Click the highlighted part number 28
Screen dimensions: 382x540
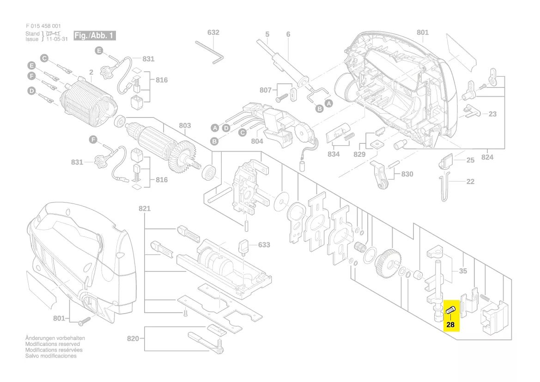point(450,325)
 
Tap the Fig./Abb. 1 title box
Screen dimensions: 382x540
point(94,36)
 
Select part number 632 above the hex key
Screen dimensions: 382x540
point(213,32)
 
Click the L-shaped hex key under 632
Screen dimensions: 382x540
point(210,49)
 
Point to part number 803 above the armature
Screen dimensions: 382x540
point(185,125)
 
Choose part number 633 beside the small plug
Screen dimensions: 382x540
point(264,245)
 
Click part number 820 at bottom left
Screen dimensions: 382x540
point(133,339)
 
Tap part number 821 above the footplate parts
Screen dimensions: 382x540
point(145,209)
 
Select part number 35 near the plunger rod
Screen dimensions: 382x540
point(463,271)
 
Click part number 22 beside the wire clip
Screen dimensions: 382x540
point(470,181)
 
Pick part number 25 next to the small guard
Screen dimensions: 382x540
point(470,160)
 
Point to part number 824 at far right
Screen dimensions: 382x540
point(487,157)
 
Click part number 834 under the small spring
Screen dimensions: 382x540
point(334,154)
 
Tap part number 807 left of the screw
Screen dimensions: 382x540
point(266,90)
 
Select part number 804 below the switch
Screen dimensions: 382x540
point(257,142)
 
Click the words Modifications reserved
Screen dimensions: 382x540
point(52,344)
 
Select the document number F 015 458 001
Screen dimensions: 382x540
point(43,26)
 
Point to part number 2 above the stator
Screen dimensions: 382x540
point(91,72)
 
